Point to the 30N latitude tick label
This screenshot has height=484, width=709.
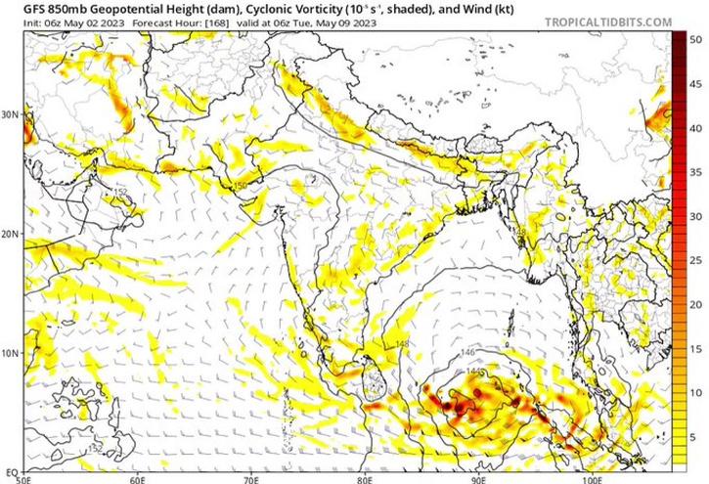tap(11, 114)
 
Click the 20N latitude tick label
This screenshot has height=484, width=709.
tap(11, 235)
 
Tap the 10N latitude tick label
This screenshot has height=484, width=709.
tap(11, 354)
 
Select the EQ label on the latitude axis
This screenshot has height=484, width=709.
tap(9, 472)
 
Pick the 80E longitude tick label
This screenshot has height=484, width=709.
tap(366, 479)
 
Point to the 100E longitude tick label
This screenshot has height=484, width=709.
tap(591, 479)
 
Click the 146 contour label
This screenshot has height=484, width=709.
tap(467, 352)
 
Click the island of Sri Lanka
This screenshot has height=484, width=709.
tap(373, 381)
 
